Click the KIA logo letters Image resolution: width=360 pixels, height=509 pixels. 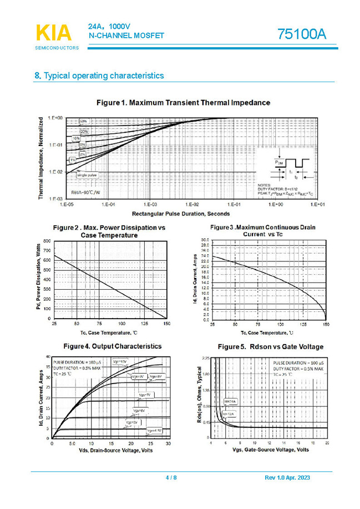coord(54,33)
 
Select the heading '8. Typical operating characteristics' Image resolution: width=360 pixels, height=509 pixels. coord(99,75)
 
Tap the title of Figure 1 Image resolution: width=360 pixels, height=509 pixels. coord(183,103)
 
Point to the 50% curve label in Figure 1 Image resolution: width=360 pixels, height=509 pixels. coord(83,121)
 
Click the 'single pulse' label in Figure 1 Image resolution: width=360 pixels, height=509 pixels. coord(87,175)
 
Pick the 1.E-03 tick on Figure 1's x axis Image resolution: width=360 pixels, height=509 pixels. coord(150,205)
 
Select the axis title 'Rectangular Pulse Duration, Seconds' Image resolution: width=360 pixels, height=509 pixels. coord(181,213)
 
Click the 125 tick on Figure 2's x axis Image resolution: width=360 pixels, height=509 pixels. coord(144,323)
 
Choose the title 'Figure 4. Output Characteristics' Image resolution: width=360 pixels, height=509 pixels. coord(113,346)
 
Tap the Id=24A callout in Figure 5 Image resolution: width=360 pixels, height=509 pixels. coord(230,400)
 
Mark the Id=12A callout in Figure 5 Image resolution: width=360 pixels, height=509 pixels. coord(228,414)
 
